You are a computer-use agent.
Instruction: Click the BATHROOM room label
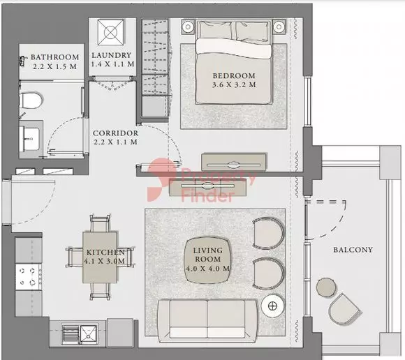[54, 57]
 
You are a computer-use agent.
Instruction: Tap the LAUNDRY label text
[112, 55]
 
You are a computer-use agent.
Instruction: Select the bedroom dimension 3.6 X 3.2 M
[234, 84]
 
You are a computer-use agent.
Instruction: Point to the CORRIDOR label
[115, 133]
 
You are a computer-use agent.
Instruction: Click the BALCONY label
[353, 250]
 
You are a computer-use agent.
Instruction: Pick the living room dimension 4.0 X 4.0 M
[208, 269]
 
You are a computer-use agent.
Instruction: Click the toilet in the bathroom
[31, 100]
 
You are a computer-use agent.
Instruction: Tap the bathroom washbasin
[30, 139]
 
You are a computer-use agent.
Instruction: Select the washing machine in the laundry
[111, 32]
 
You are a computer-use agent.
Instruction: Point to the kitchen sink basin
[89, 335]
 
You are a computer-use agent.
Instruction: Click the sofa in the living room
[208, 320]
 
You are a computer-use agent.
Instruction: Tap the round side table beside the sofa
[273, 306]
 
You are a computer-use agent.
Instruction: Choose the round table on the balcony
[327, 287]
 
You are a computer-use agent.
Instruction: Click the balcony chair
[344, 308]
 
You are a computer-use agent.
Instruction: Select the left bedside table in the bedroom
[188, 27]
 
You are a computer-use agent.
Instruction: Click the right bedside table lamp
[279, 27]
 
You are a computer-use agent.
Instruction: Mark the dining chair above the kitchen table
[100, 223]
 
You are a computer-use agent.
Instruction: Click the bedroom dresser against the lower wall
[234, 162]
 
